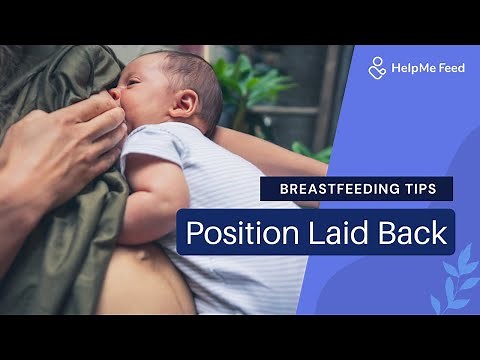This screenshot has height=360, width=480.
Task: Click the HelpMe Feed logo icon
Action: point(377,68)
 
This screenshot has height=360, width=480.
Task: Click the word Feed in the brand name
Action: point(451,68)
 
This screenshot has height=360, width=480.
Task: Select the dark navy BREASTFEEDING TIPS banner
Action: point(356,189)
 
